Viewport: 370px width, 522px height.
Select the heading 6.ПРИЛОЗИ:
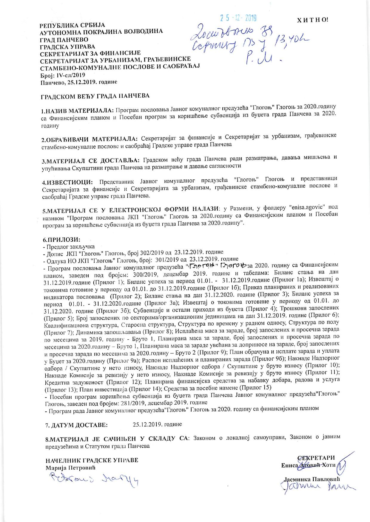[62, 240]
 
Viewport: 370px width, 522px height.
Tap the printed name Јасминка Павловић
[312, 479]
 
